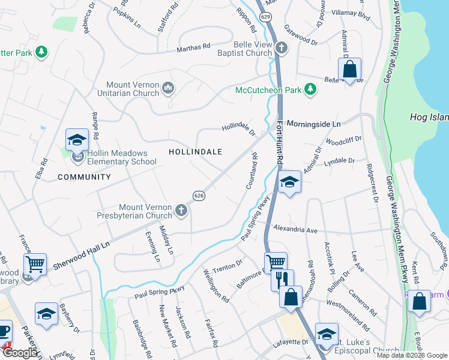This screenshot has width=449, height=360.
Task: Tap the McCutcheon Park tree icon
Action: click(310, 90)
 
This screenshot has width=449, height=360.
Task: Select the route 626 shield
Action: click(198, 196)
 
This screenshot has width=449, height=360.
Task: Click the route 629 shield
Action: click(265, 17)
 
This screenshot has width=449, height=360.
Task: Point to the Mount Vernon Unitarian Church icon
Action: click(168, 89)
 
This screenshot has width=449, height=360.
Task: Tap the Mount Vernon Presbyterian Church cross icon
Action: click(181, 211)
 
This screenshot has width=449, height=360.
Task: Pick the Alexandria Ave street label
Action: click(295, 230)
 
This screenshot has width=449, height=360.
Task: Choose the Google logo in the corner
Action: click(20, 353)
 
